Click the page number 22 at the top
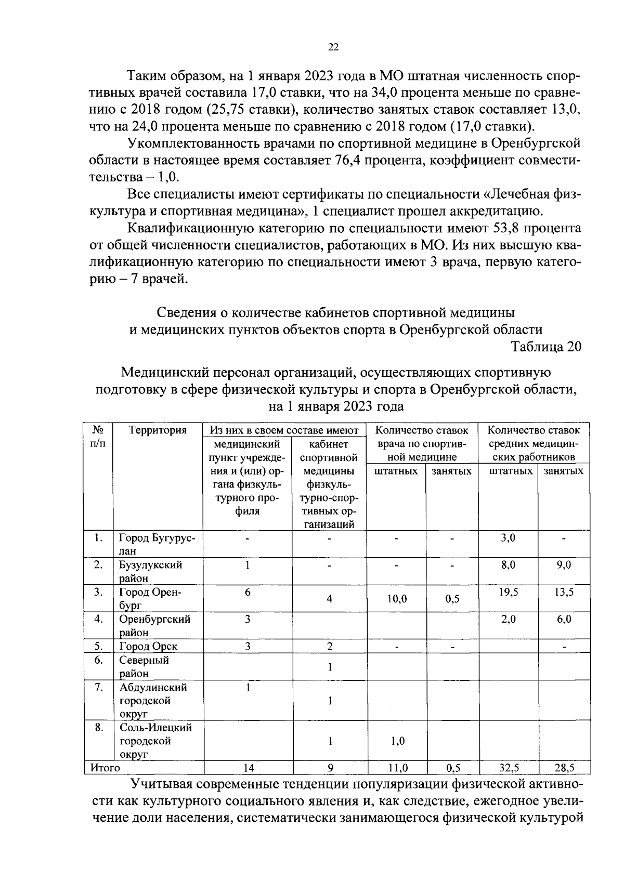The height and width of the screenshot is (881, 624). [333, 47]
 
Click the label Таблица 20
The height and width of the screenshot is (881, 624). [546, 347]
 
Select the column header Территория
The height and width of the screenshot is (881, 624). [158, 430]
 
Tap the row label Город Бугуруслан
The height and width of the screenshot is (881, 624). [157, 544]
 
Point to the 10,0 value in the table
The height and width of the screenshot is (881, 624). [397, 599]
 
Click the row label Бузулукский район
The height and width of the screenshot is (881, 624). [151, 571]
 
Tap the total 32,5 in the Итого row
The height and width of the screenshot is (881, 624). [509, 768]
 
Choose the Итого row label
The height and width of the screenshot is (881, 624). [105, 768]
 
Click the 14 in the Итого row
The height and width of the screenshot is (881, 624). [248, 768]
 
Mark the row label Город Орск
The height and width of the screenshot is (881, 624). [148, 647]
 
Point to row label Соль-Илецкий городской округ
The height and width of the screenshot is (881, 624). [155, 741]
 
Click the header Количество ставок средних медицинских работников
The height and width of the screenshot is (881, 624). [534, 444]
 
